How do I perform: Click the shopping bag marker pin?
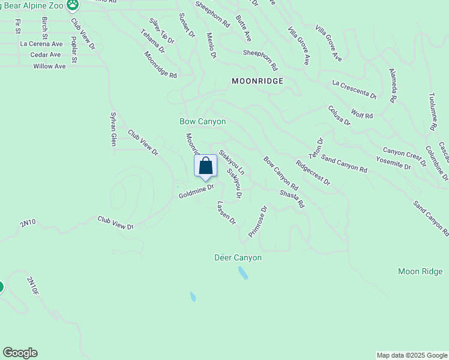pos(205,166)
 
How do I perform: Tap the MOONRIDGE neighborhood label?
pos(258,80)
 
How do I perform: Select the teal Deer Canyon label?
pos(238,257)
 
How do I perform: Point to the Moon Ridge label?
pos(420,272)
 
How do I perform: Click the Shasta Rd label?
pos(292,200)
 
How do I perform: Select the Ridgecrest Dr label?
pos(313,172)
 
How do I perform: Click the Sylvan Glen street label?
pos(113,128)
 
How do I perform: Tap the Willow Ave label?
pos(49,66)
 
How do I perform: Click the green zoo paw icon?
pos(73,5)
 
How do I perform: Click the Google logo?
pos(20,353)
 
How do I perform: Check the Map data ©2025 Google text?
pos(412,355)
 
